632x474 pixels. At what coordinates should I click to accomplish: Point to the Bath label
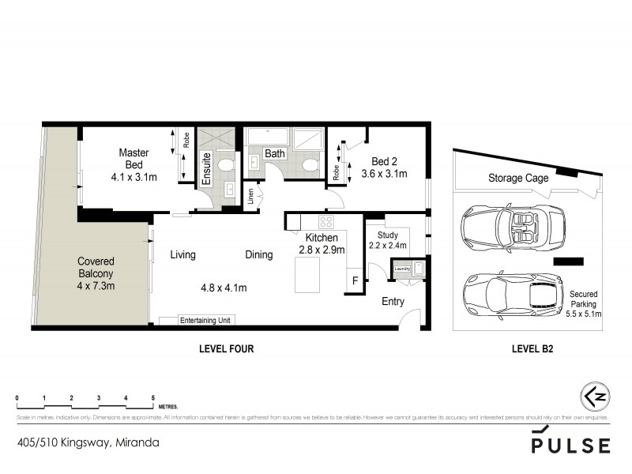pyautogui.click(x=274, y=154)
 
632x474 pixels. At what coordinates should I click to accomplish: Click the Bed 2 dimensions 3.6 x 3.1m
pyautogui.click(x=384, y=173)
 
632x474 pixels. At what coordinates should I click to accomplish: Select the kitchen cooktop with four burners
pyautogui.click(x=326, y=222)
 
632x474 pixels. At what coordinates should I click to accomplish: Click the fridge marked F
pyautogui.click(x=355, y=280)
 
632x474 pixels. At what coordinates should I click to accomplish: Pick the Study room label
pyautogui.click(x=388, y=235)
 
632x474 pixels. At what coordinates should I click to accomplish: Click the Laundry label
pyautogui.click(x=401, y=269)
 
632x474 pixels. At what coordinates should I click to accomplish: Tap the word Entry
pyautogui.click(x=393, y=302)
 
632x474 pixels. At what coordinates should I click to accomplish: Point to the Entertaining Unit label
pyautogui.click(x=206, y=320)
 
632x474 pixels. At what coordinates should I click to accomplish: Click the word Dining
pyautogui.click(x=258, y=255)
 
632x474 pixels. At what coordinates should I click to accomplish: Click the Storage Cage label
pyautogui.click(x=518, y=179)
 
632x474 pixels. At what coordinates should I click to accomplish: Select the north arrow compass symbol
pyautogui.click(x=595, y=395)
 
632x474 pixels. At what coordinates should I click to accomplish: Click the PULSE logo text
pyautogui.click(x=570, y=445)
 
